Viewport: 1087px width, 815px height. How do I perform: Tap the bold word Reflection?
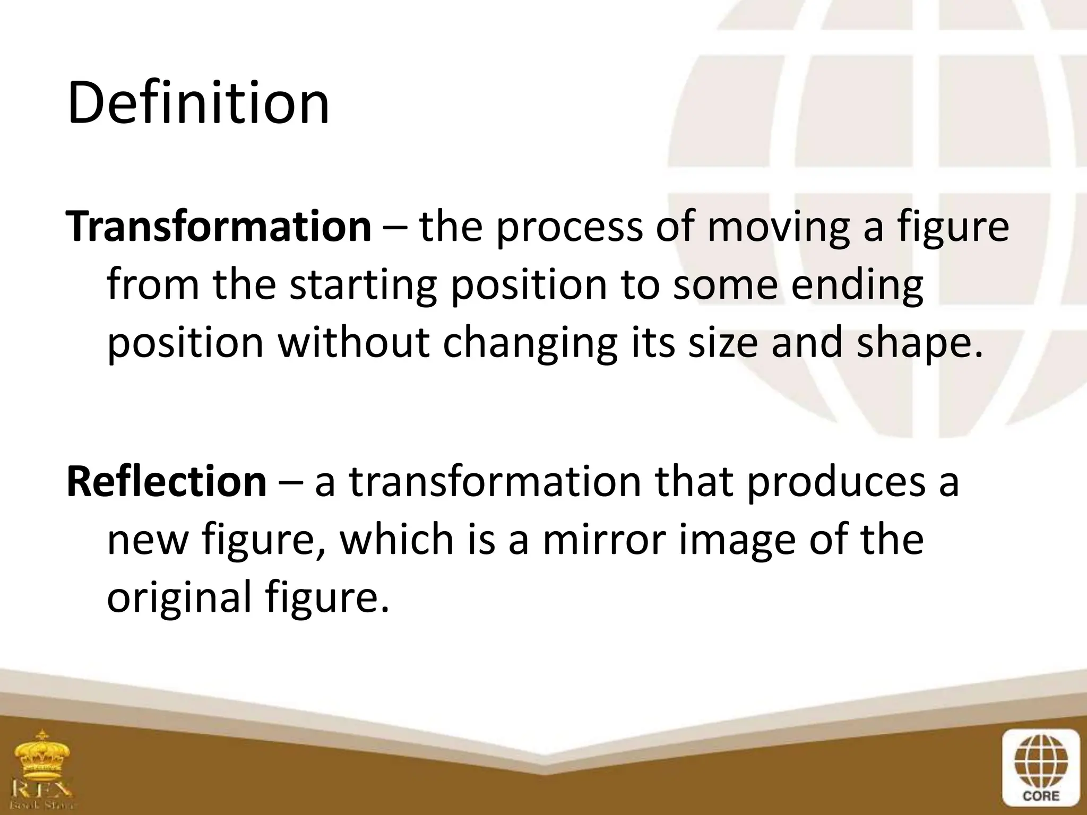tap(166, 481)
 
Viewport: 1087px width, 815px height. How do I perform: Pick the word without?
tap(353, 342)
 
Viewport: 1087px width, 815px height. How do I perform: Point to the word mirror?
tap(603, 540)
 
